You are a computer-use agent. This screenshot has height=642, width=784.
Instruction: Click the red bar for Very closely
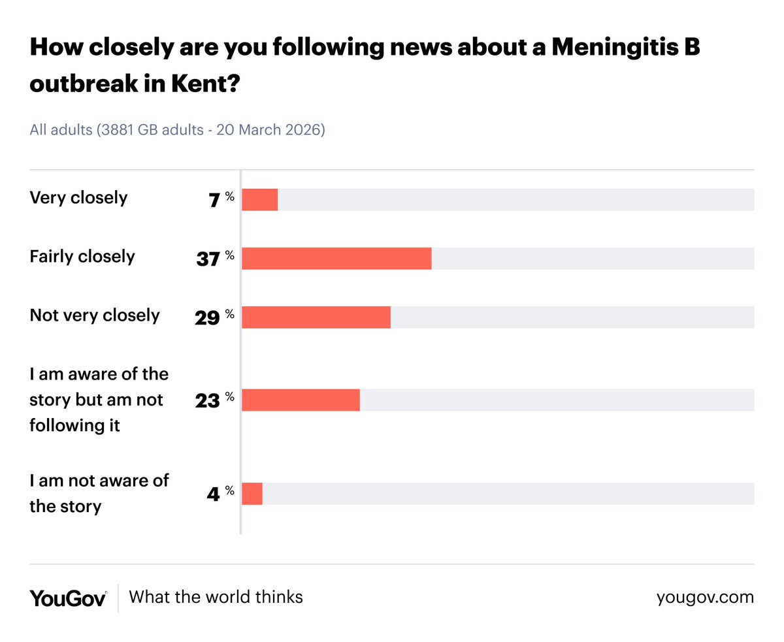tap(259, 200)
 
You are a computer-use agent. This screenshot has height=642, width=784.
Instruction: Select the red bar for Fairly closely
tap(336, 259)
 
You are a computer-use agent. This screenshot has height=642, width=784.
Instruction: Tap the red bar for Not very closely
tap(316, 317)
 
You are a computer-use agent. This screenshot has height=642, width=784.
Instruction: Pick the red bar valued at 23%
tap(301, 400)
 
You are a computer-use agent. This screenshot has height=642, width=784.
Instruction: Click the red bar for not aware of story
tap(252, 494)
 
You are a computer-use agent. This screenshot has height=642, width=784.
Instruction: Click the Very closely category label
tap(78, 198)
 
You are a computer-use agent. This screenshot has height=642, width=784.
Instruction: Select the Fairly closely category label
tap(82, 257)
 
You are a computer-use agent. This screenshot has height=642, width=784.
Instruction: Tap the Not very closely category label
tap(95, 315)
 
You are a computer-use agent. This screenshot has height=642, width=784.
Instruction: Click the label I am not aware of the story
tap(99, 493)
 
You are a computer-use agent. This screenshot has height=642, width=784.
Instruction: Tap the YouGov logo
tap(68, 598)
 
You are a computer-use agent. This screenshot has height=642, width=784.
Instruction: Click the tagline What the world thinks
tap(216, 597)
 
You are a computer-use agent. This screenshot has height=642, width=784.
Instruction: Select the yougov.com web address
tap(705, 597)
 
